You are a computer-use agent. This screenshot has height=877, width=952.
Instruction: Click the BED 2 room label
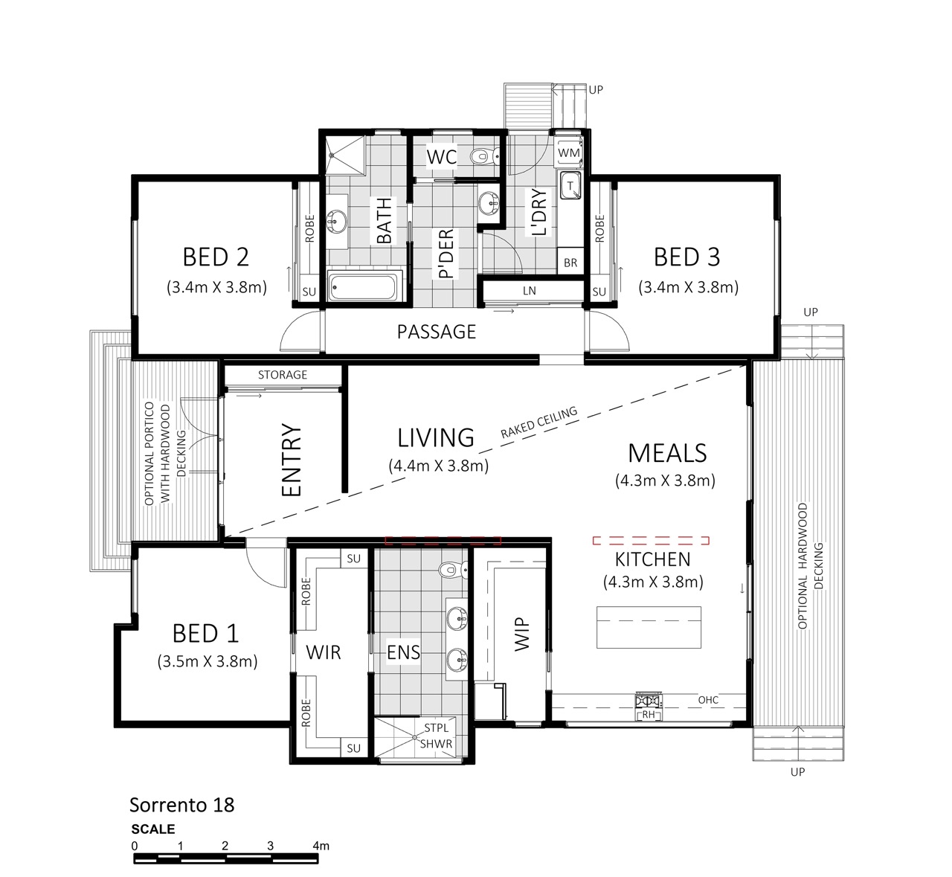[x=216, y=257]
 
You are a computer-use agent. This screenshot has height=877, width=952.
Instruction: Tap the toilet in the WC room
[x=484, y=155]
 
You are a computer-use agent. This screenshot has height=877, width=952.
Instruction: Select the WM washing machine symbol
[x=568, y=152]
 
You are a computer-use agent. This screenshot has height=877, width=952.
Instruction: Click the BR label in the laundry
[x=570, y=263]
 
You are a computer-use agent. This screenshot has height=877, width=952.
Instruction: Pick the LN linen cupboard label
[x=529, y=291]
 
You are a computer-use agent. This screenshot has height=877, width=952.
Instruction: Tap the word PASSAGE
[x=436, y=332]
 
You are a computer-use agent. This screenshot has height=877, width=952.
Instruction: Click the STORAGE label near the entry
[x=283, y=375]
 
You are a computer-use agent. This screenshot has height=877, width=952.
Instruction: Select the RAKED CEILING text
[x=538, y=422]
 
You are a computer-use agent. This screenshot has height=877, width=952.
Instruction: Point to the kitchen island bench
[x=649, y=627]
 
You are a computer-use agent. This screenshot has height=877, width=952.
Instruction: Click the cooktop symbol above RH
[x=649, y=700]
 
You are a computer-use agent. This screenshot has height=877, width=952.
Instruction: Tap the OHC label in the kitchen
[x=708, y=700]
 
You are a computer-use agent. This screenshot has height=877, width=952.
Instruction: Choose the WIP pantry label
[x=521, y=634]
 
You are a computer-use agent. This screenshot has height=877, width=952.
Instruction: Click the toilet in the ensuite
[x=453, y=569]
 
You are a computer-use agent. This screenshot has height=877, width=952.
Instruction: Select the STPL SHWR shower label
[x=436, y=736]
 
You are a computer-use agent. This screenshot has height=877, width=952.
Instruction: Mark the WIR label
[x=324, y=652]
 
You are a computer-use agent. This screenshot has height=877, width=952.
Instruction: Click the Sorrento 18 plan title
[x=181, y=805]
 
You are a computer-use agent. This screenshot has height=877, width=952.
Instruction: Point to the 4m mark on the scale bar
[x=321, y=846]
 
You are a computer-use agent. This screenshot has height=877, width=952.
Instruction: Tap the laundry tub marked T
[x=570, y=186]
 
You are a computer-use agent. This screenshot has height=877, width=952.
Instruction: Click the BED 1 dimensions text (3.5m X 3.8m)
[x=208, y=661]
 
